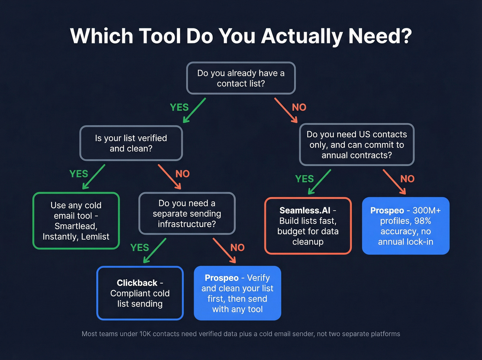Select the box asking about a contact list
pos(241,78)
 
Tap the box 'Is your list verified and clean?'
pos(131,143)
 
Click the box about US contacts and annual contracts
pos(357,145)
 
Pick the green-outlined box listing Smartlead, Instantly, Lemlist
pos(76,221)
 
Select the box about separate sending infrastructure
pos(187,214)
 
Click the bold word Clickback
pos(137,283)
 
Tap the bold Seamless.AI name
pos(305,210)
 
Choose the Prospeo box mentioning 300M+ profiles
pos(406,226)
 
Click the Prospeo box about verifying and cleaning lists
pos(238,294)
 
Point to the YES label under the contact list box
pos(179,107)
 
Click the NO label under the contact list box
pos(299,107)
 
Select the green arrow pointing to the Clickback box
pos(155,250)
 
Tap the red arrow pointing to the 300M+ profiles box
pos(394,182)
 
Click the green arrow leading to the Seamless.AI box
pos(319,182)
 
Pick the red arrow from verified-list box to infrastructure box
pos(169,177)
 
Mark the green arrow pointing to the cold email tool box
pos(94,177)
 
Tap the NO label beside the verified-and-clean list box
pos(182,174)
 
